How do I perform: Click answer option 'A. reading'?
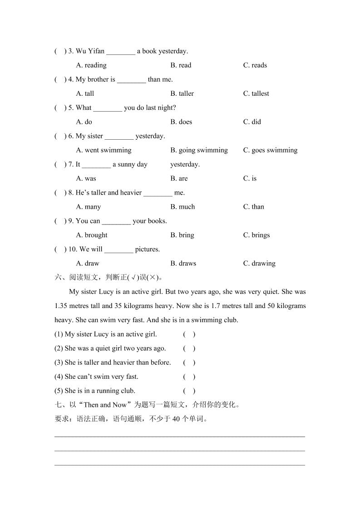[x=91, y=65]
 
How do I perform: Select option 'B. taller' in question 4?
[x=182, y=93]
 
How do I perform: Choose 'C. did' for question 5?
[x=252, y=122]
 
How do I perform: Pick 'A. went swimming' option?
[x=104, y=150]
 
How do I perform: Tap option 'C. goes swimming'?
[x=270, y=150]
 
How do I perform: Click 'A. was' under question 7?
[x=86, y=178]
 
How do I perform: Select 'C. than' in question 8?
[x=253, y=207]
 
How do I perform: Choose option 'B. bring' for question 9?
[x=182, y=235]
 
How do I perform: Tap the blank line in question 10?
[x=118, y=250]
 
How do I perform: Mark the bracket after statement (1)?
[x=189, y=334]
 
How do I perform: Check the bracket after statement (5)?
[x=189, y=391]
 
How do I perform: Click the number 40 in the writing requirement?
[x=177, y=419]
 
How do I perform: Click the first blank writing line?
[x=180, y=436]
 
